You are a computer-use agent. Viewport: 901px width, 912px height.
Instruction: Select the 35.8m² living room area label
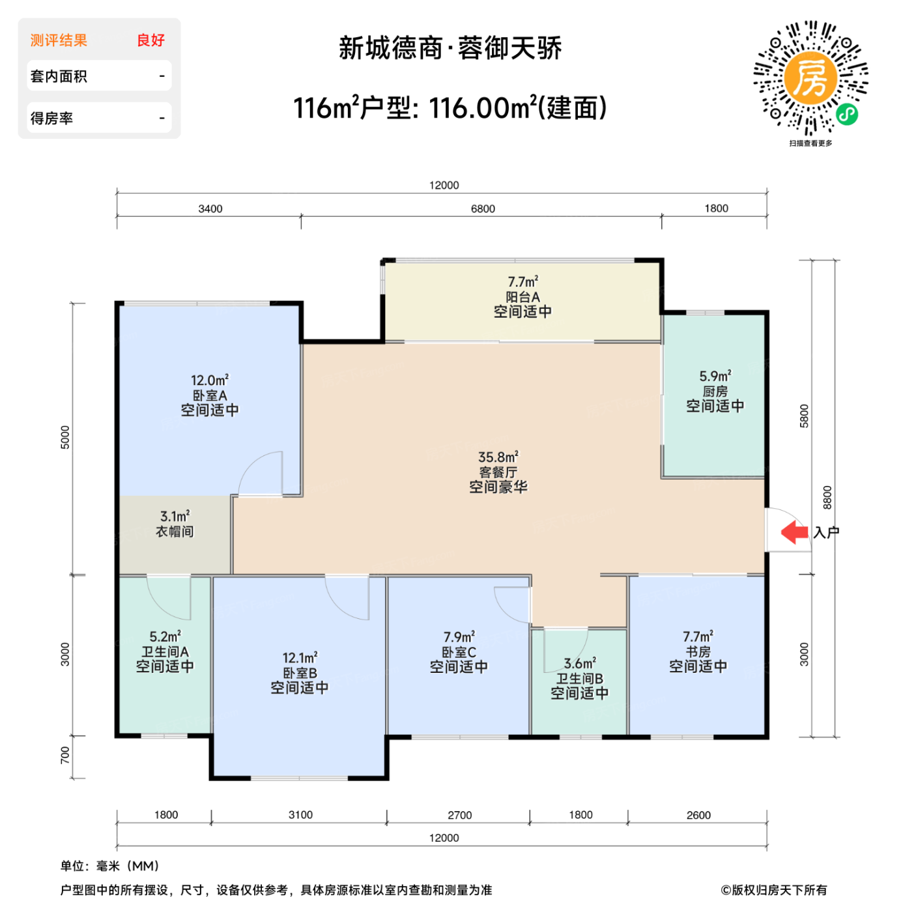(x=498, y=457)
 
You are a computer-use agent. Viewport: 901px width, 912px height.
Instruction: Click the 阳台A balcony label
(x=522, y=297)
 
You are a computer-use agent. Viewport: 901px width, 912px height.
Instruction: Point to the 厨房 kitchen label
(x=715, y=392)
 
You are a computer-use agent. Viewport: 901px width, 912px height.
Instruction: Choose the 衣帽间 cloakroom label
(x=175, y=532)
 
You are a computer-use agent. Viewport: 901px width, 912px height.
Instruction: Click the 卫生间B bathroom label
(x=579, y=678)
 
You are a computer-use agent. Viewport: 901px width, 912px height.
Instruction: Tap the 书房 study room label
(x=698, y=651)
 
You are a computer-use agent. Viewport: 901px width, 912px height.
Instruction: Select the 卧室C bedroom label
(x=459, y=652)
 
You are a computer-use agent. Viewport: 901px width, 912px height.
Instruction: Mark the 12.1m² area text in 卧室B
(x=300, y=658)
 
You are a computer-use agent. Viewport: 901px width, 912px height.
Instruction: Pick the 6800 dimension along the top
(x=483, y=209)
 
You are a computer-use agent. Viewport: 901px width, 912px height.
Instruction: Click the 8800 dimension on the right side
(x=827, y=498)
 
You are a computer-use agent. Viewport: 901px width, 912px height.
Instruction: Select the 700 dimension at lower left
(x=64, y=756)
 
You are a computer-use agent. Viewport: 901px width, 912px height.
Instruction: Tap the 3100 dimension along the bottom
(x=300, y=815)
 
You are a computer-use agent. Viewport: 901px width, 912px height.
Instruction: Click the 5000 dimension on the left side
(x=64, y=437)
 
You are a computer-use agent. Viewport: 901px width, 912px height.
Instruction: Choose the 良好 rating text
(x=150, y=40)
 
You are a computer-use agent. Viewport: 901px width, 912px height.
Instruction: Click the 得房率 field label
(x=51, y=119)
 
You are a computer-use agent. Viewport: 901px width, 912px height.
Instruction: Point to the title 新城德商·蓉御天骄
(x=450, y=49)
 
